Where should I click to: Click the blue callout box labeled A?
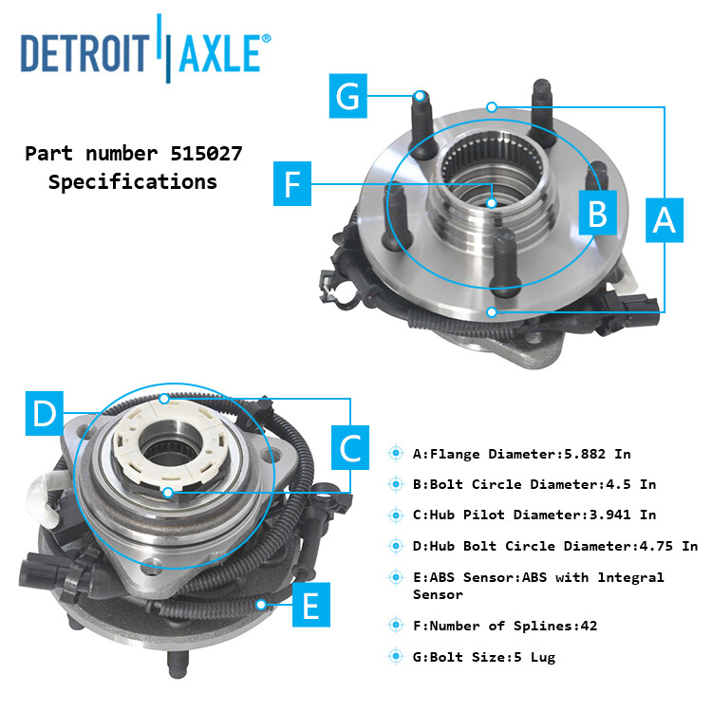(x=665, y=220)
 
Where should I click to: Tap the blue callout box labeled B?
(x=597, y=213)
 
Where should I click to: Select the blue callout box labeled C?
(x=351, y=447)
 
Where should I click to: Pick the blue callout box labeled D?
(x=45, y=415)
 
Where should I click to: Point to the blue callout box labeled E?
(x=310, y=604)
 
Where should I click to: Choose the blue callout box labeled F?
(x=292, y=182)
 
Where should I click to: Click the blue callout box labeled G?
(x=348, y=97)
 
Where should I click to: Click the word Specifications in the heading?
(x=133, y=181)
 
